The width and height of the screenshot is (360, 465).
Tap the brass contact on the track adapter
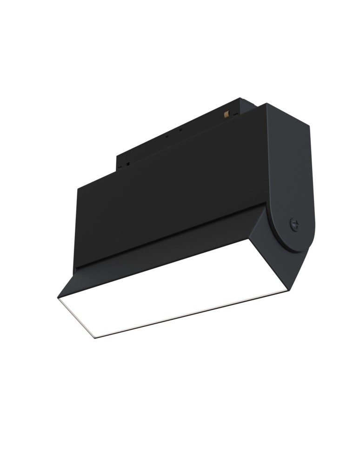(x=227, y=114)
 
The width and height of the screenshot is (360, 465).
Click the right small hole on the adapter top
(x=180, y=130)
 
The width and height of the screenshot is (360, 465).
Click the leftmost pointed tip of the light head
(x=58, y=298)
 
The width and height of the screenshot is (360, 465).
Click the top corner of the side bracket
(x=267, y=104)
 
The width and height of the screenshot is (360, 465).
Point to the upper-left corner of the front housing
(x=79, y=188)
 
